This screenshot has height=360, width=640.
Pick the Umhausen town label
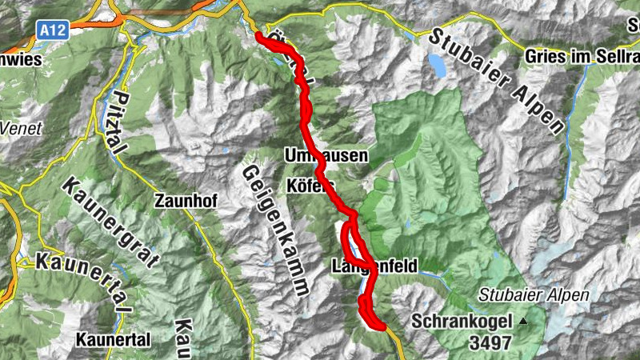pyautogui.click(x=326, y=155)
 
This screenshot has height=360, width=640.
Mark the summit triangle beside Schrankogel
pyautogui.click(x=523, y=322)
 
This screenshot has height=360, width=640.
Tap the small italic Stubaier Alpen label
pyautogui.click(x=534, y=295)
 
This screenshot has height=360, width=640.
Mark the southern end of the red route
pyautogui.click(x=382, y=325)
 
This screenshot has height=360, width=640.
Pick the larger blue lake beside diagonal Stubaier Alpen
pyautogui.click(x=437, y=65)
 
